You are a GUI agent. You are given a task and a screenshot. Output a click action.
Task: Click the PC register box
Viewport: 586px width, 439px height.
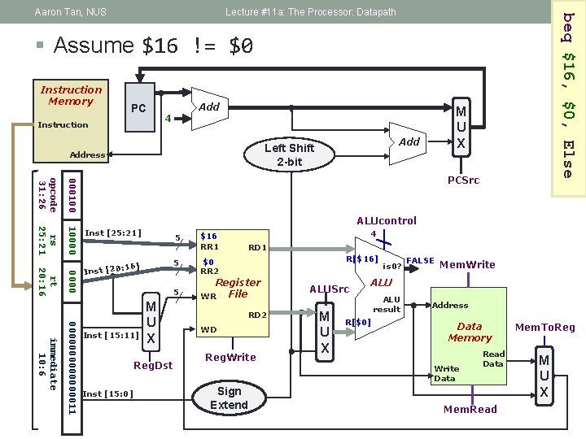(138, 108)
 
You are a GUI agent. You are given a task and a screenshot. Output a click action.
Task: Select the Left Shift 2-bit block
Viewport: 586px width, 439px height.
(288, 154)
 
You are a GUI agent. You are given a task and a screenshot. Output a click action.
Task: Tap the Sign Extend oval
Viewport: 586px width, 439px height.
(229, 398)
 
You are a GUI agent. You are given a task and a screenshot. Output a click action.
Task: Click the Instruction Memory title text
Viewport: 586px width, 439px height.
(72, 95)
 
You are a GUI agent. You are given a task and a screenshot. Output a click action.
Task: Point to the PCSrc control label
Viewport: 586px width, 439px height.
(465, 180)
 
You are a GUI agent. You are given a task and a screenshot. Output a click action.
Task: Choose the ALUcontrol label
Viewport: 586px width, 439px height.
(387, 220)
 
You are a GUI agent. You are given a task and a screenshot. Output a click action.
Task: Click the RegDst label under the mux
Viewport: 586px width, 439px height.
(153, 365)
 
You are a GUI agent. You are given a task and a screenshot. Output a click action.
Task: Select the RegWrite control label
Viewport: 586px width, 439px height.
(230, 357)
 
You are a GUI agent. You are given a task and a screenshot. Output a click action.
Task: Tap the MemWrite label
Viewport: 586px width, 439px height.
(467, 264)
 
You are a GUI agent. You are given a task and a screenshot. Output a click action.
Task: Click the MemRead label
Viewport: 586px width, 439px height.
(470, 409)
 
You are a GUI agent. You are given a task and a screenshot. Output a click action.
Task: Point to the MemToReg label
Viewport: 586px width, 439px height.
(544, 328)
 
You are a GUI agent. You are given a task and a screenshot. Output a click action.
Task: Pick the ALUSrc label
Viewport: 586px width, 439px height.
(329, 289)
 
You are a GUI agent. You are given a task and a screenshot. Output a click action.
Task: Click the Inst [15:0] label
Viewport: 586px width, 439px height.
(108, 394)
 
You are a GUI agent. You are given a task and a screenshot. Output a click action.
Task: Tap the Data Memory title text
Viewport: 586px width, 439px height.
(470, 332)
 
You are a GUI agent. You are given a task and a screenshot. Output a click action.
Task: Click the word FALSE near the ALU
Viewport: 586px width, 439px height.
(419, 262)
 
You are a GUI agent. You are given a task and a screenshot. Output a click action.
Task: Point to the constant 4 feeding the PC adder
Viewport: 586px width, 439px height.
(168, 119)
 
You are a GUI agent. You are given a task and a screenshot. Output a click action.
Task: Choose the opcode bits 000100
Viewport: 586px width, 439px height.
(72, 193)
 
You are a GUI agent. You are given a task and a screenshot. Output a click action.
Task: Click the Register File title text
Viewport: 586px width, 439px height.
(238, 288)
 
